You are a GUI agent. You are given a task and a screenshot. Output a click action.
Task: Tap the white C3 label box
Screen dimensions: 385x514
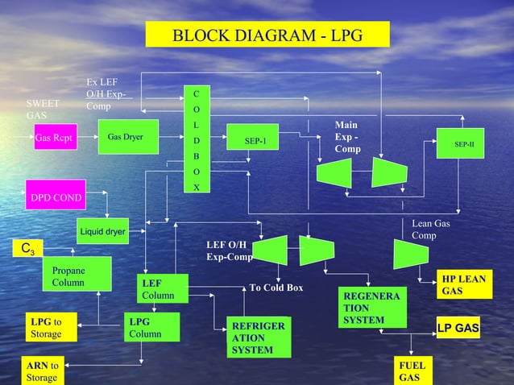29,246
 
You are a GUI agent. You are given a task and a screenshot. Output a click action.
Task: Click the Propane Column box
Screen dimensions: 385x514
74,278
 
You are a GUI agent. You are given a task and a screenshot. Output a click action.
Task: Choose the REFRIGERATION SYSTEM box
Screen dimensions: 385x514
257,337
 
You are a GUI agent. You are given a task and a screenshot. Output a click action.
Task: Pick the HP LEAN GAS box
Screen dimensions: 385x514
463,284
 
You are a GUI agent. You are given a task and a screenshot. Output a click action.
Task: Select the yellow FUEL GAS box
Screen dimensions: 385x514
413,371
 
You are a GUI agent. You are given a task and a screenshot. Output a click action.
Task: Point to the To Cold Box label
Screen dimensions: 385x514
276,288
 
